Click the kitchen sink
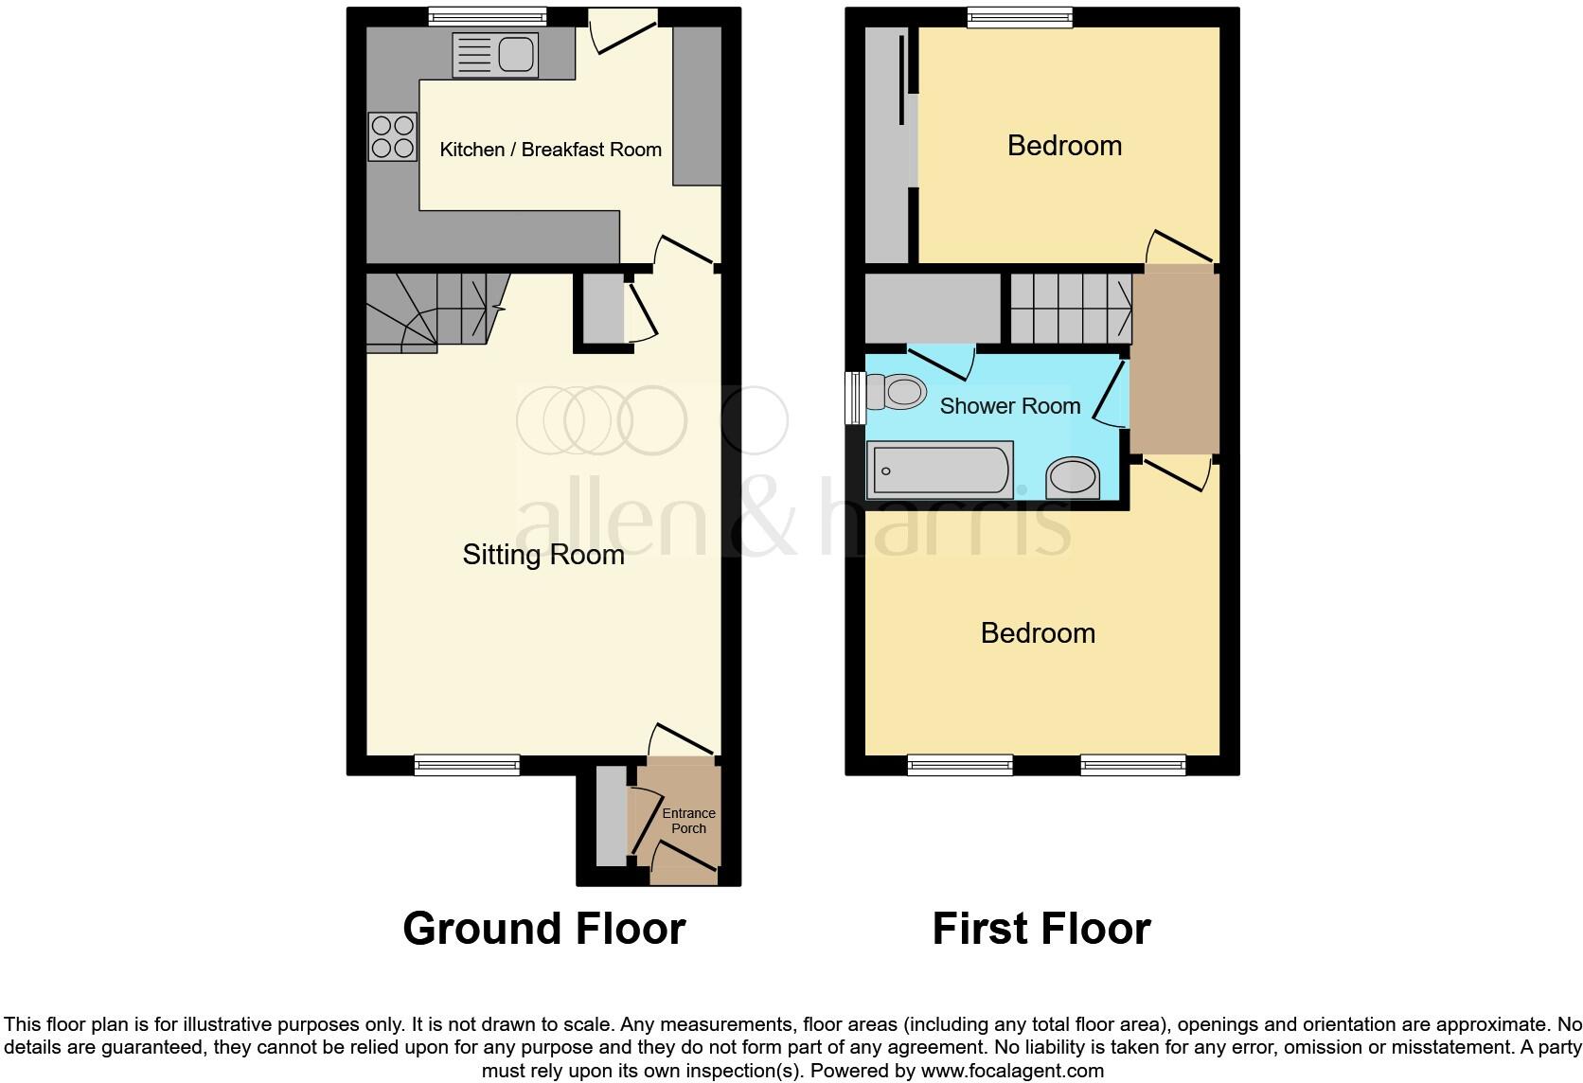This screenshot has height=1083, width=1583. pyautogui.click(x=495, y=54)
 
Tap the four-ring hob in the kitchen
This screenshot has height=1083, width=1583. pyautogui.click(x=392, y=136)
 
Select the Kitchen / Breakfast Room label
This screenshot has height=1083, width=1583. pyautogui.click(x=550, y=150)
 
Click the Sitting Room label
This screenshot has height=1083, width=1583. pyautogui.click(x=543, y=555)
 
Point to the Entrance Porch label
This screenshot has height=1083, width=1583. pyautogui.click(x=688, y=821)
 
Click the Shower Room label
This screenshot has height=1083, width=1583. pyautogui.click(x=1009, y=406)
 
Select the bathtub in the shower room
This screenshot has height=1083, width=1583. pyautogui.click(x=941, y=470)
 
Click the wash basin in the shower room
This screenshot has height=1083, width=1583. pyautogui.click(x=1074, y=478)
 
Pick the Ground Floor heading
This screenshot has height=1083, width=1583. pyautogui.click(x=543, y=929)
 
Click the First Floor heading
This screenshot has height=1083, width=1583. pyautogui.click(x=1041, y=929)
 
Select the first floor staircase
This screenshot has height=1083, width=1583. pyautogui.click(x=1070, y=308)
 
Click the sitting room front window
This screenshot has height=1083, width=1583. pyautogui.click(x=467, y=764)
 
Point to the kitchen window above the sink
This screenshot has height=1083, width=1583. pyautogui.click(x=487, y=16)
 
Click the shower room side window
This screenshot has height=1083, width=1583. pyautogui.click(x=854, y=397)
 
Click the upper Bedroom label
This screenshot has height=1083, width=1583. pyautogui.click(x=1064, y=146)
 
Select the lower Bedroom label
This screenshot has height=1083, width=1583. pyautogui.click(x=1038, y=633)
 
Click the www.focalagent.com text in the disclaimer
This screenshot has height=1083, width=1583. pyautogui.click(x=1012, y=1072)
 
